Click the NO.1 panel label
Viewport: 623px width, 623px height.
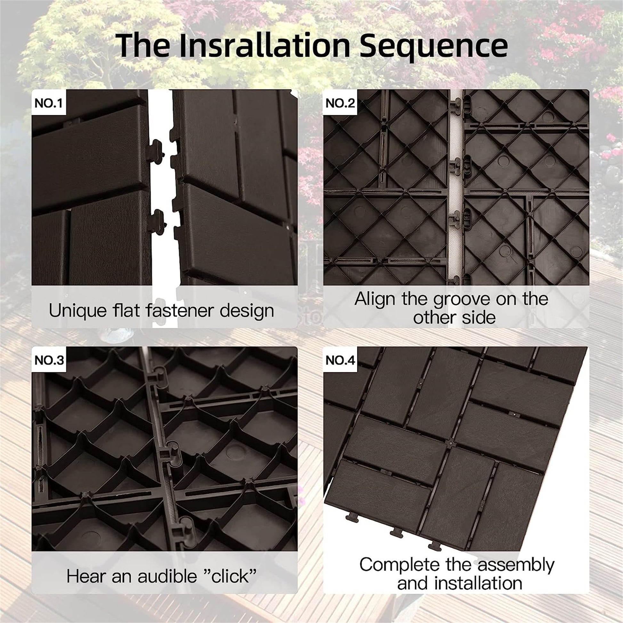(x=48, y=103)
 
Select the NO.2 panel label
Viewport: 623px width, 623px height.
(x=340, y=103)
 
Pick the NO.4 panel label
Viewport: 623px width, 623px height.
(x=340, y=360)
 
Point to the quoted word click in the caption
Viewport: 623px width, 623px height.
(x=230, y=576)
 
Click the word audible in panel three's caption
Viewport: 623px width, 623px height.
(x=167, y=576)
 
